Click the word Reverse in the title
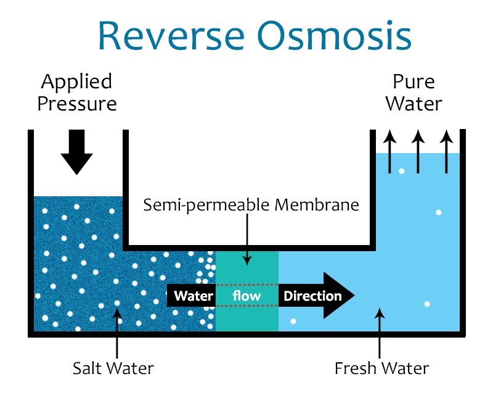(x=171, y=35)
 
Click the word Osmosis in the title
(x=335, y=35)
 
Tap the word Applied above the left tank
(x=76, y=83)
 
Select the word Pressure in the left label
(x=77, y=104)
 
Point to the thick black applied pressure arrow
(x=76, y=152)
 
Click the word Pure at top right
(x=414, y=82)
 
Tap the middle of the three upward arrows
(x=418, y=151)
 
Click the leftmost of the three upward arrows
(x=390, y=151)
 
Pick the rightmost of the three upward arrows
(x=446, y=151)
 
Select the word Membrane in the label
(x=317, y=205)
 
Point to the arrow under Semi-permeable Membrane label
(x=247, y=239)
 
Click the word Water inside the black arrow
(x=194, y=296)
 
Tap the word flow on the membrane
(x=246, y=296)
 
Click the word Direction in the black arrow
(x=312, y=296)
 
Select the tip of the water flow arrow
(x=355, y=295)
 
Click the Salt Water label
(x=113, y=368)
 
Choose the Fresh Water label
(x=381, y=368)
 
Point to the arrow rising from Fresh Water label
(x=380, y=333)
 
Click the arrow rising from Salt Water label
(x=117, y=333)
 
